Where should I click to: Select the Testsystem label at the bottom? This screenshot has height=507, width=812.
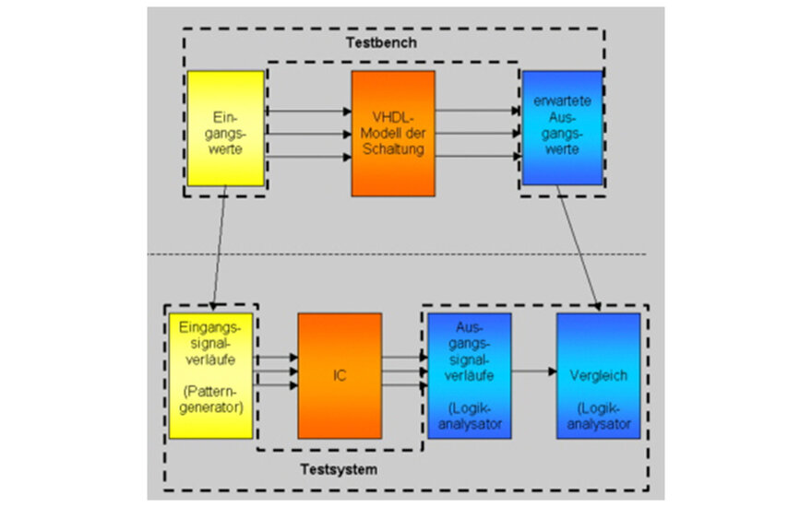pos(339,469)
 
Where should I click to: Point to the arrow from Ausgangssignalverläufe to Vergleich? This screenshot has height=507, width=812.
pos(533,373)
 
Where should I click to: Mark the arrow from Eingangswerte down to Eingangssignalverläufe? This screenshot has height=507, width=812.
pos(219,253)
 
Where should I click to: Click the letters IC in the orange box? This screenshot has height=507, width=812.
pos(339,376)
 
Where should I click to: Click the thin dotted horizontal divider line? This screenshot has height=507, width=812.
pos(397,254)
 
